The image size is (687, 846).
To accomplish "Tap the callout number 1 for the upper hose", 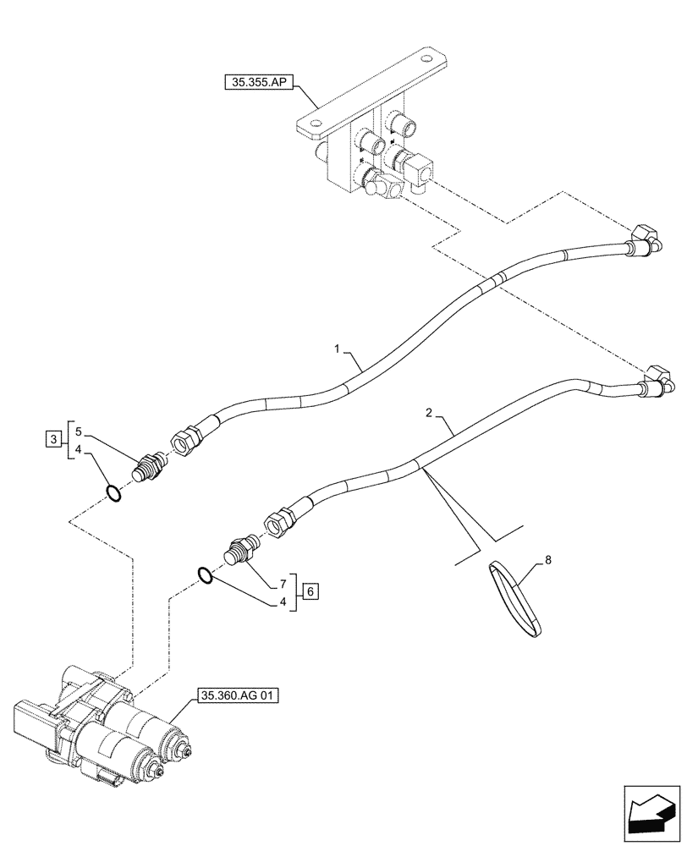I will coord(337,348).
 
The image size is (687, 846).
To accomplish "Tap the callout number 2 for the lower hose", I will coord(429,413).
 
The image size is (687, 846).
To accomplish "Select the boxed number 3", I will coord(52,439).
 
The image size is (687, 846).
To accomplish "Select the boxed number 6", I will coord(311,591).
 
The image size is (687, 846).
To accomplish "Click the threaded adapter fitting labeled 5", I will coord(150,466).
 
